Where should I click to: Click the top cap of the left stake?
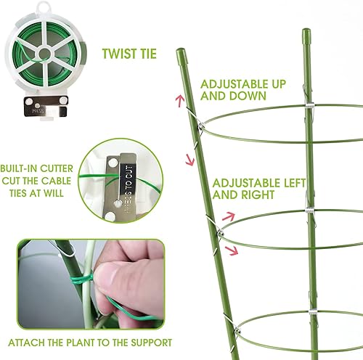[181, 54]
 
